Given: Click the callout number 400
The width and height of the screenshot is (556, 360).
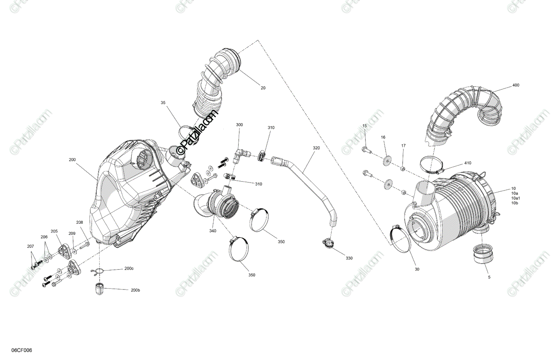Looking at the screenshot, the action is [x=516, y=86].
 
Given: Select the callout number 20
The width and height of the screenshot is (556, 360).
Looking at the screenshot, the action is [x=263, y=88].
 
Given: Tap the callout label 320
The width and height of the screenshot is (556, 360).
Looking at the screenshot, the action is [x=316, y=148].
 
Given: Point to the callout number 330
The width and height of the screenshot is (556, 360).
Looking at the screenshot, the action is [x=348, y=258].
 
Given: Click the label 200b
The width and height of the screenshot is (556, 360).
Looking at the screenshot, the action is [x=135, y=290].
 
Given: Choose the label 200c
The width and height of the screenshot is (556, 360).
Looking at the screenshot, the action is [x=128, y=269].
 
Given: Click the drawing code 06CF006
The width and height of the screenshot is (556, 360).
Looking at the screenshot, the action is [x=22, y=350].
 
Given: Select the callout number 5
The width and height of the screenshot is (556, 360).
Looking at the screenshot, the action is [x=489, y=277].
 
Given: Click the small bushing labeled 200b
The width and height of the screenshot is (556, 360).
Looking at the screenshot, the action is [x=99, y=288].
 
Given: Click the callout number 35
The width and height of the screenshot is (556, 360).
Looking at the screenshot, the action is [x=163, y=102].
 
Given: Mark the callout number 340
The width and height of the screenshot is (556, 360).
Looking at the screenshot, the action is [x=213, y=231].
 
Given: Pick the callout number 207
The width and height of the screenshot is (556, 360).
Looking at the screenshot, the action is [x=31, y=246].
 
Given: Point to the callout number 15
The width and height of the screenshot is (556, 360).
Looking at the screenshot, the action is [x=364, y=126].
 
